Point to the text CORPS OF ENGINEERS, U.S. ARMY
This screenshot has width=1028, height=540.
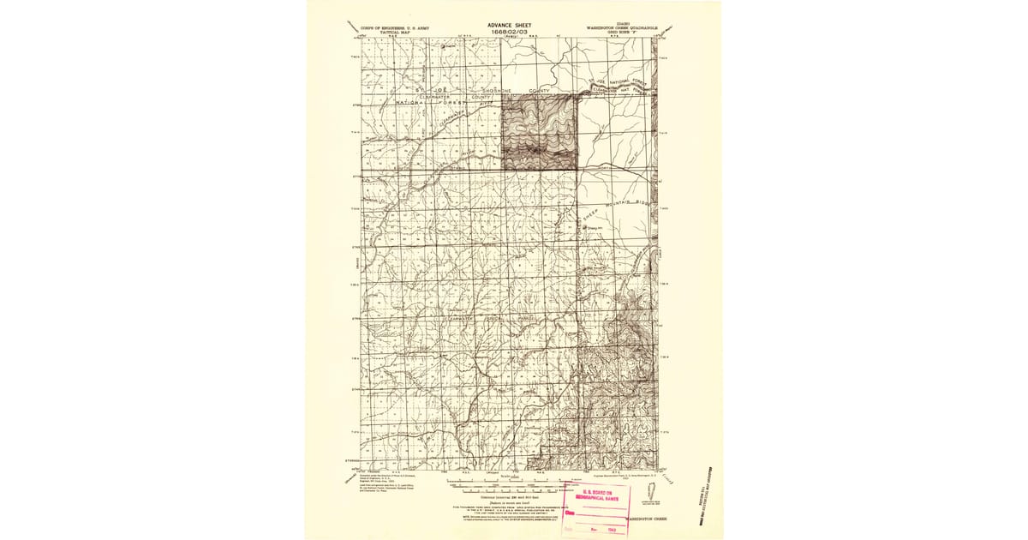click(x=395, y=27)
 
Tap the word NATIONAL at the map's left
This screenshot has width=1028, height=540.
click(x=415, y=103)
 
